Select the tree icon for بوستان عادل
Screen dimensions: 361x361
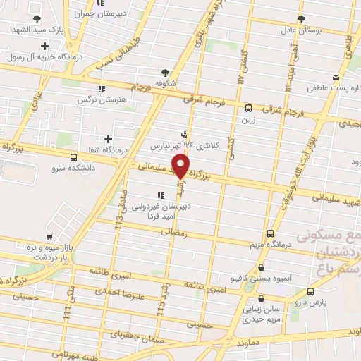301,18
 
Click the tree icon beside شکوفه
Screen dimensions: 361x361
166,72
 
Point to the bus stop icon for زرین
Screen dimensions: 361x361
248,108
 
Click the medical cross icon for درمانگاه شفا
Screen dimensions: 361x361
107,139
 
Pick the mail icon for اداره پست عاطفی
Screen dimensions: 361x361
336,78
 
